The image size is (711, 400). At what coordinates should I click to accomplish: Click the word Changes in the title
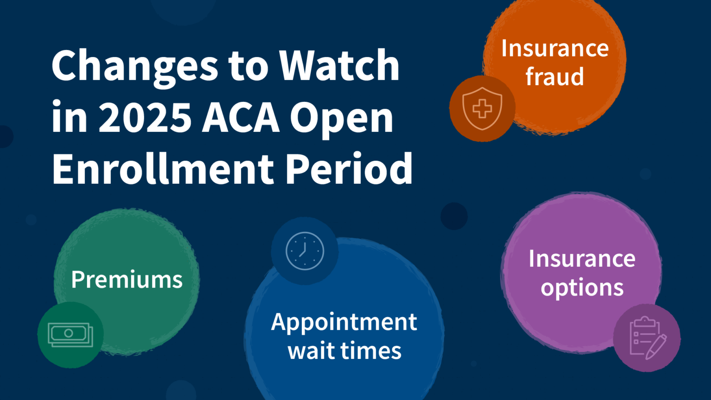point(135,66)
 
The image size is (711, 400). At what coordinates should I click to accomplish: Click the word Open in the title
point(342,118)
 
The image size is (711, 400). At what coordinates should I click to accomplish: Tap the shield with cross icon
point(482,109)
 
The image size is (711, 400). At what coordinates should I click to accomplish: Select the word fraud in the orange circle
point(555,76)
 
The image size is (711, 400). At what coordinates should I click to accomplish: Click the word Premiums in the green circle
point(127,280)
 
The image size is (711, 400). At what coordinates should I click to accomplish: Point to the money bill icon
point(70,335)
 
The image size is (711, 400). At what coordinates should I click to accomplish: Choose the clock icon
point(305,251)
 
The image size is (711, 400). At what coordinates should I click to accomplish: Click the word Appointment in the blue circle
point(344,322)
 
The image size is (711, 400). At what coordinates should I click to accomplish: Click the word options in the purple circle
point(582,288)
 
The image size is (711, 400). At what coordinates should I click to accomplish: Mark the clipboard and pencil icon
point(647,338)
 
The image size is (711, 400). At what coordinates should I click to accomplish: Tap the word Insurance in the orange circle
point(555,48)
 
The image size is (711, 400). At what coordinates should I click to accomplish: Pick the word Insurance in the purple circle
point(582,258)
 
